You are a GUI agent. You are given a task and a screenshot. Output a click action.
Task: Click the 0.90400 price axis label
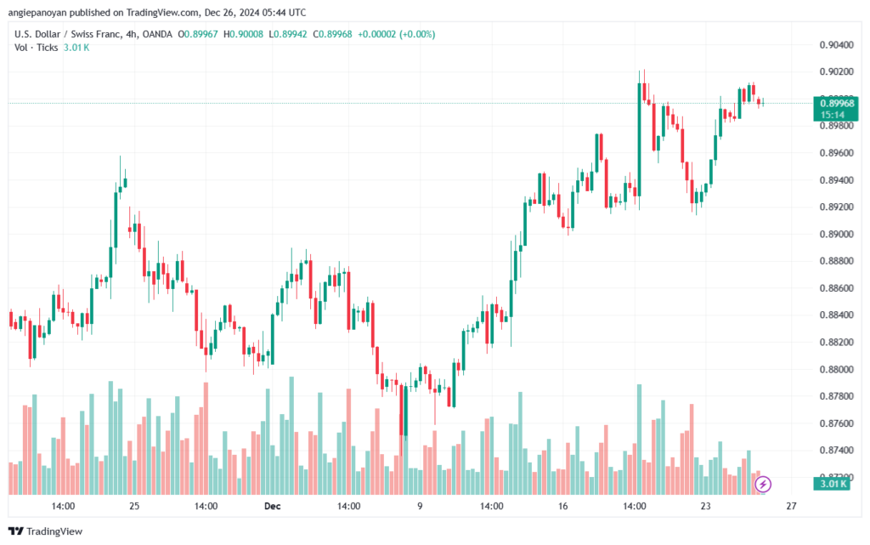pyautogui.click(x=837, y=44)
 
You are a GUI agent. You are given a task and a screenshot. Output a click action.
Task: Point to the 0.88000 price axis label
pyautogui.click(x=837, y=369)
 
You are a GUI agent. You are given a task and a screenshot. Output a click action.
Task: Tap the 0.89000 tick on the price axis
pyautogui.click(x=837, y=234)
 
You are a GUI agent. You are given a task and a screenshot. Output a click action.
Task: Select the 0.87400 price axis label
pyautogui.click(x=837, y=450)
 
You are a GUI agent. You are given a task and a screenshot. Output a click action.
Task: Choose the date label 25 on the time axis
pyautogui.click(x=134, y=506)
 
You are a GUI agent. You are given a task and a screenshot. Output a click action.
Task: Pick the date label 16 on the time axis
pyautogui.click(x=562, y=506)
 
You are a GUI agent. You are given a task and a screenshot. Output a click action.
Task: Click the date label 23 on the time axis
pyautogui.click(x=705, y=506)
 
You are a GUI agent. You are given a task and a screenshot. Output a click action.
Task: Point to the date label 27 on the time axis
pyautogui.click(x=791, y=506)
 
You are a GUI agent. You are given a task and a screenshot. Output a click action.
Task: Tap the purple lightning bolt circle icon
pyautogui.click(x=763, y=484)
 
